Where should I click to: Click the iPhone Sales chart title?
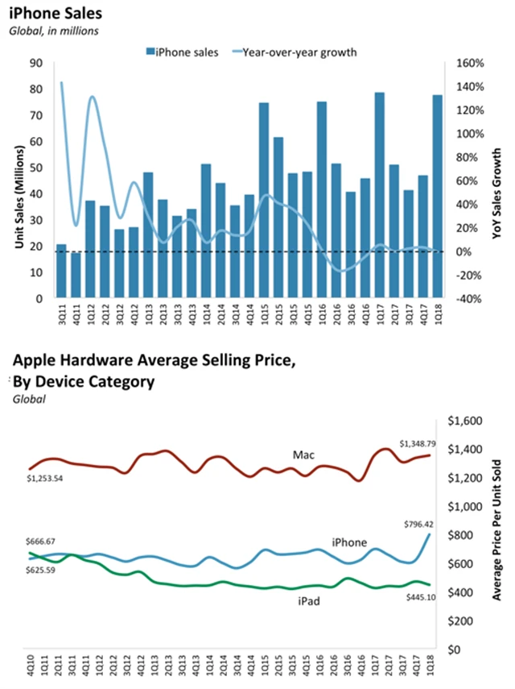(47, 14)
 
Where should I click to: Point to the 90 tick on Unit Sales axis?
(36, 64)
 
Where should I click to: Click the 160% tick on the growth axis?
(468, 64)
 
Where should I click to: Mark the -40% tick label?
(468, 298)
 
